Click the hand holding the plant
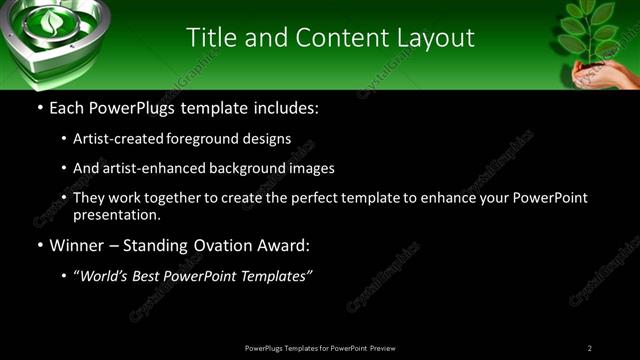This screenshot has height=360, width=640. point(600,76)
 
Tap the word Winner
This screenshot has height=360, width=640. point(77,245)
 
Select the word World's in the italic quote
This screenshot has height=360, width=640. point(107,276)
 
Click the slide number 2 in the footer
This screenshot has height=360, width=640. point(590,348)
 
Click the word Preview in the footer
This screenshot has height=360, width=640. point(382,348)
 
